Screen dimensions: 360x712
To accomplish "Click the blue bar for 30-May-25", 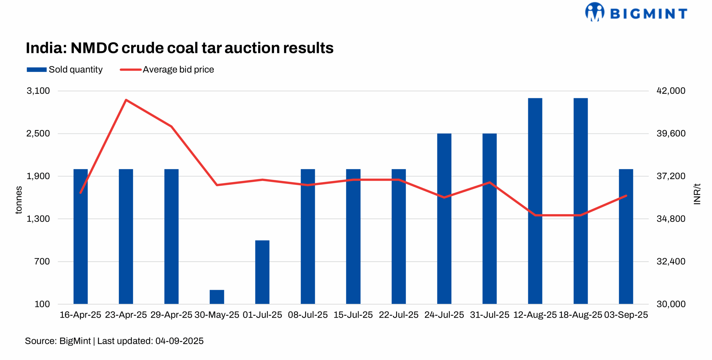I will point(217,297).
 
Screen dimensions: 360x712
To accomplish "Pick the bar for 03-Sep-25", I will point(626,236).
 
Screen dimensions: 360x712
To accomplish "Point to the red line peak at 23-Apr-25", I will point(126,100).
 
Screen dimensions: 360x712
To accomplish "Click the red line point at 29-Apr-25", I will point(171,126).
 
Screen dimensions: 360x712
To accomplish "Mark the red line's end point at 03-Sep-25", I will point(626,196).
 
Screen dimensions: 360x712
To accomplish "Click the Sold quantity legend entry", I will point(65,69).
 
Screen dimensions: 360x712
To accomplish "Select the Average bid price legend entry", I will point(167,69).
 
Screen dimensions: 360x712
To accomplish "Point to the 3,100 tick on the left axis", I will point(38,91).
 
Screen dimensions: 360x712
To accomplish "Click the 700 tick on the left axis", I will point(42,261).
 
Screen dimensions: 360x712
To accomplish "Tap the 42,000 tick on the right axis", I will point(671,91).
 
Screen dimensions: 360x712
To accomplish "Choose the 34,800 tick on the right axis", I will point(671,219).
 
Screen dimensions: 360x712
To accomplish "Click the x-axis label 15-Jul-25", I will point(353,315).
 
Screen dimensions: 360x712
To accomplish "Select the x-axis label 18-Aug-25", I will point(580,315).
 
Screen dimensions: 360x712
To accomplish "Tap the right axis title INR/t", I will point(696,194).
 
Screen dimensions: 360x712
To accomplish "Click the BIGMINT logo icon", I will point(594,12).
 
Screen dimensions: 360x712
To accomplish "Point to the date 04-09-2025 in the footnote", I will point(179,341).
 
